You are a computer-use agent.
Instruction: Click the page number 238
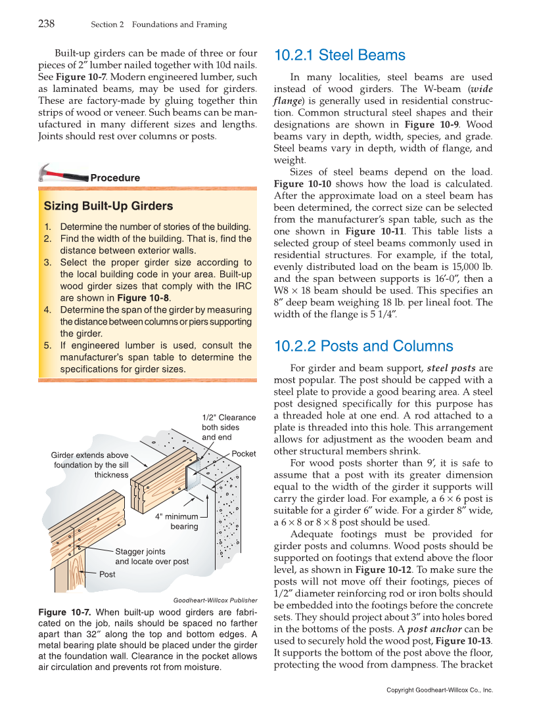(46, 24)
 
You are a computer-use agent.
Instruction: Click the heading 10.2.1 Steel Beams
(339, 55)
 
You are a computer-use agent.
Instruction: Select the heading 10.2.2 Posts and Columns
(363, 346)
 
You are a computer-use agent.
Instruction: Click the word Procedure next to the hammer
(115, 178)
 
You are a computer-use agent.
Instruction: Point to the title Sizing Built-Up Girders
(108, 206)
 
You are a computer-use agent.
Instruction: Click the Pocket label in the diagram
(244, 454)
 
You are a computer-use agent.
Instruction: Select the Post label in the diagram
(107, 574)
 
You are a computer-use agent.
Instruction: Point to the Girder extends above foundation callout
(90, 465)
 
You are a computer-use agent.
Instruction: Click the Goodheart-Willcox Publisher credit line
(215, 600)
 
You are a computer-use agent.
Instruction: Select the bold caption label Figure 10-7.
(62, 612)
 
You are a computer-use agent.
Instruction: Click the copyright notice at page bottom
(439, 690)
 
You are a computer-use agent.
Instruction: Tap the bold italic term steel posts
(451, 368)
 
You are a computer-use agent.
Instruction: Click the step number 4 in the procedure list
(47, 310)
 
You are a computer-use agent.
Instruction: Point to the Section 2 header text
(158, 25)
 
